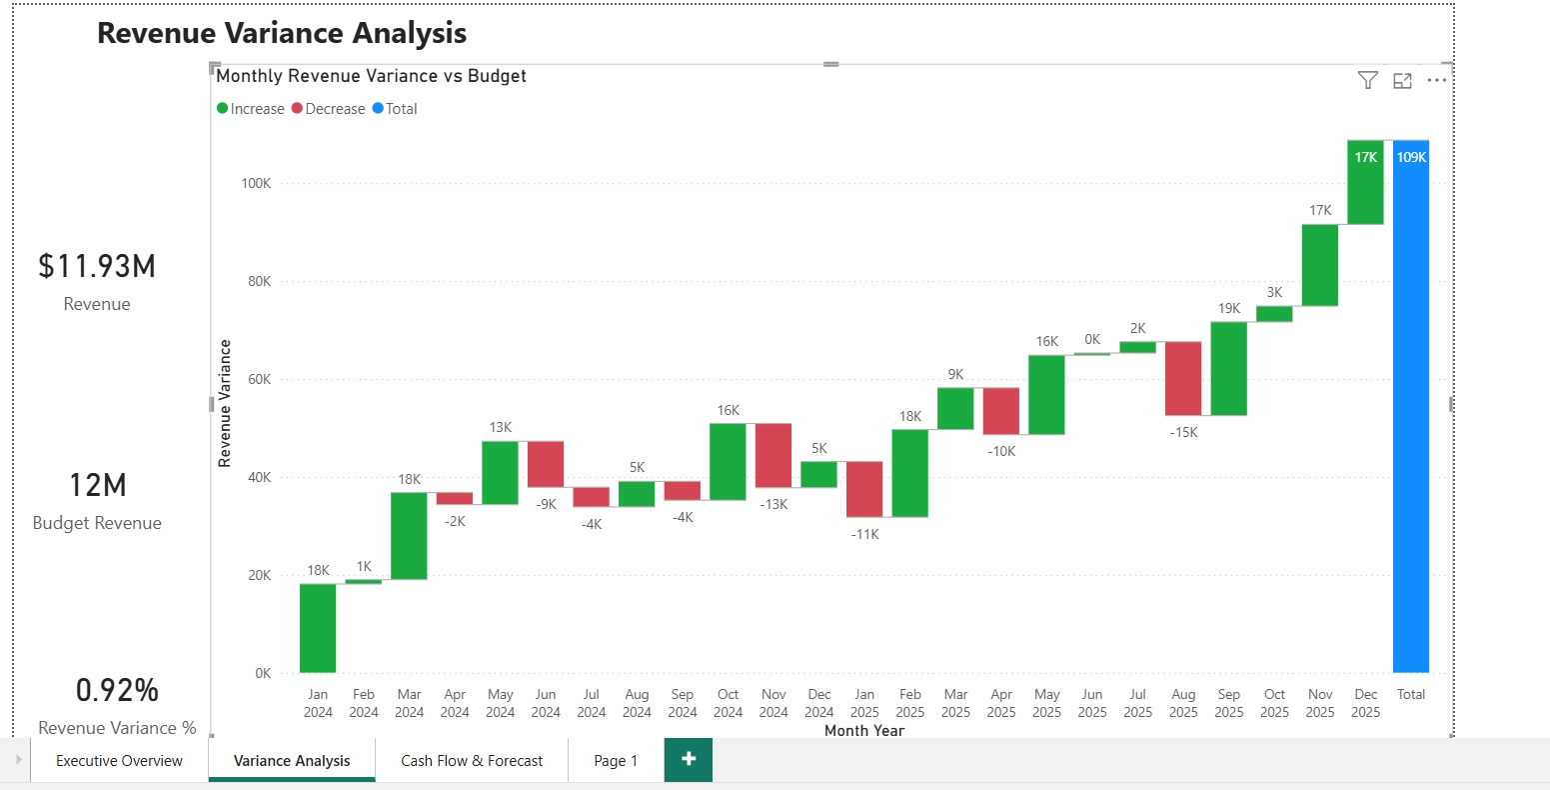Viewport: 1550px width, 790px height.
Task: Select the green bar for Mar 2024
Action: pos(409,535)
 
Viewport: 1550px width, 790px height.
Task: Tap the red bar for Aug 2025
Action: pos(1183,378)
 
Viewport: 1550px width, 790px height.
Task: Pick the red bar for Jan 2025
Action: pos(864,489)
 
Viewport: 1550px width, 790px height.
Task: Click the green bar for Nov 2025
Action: pos(1320,265)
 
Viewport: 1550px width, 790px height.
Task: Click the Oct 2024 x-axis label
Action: pos(728,703)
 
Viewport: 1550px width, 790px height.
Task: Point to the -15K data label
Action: pos(1183,432)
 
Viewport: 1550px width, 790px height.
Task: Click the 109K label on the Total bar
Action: pos(1411,157)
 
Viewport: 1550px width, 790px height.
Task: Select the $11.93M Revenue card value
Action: pos(97,266)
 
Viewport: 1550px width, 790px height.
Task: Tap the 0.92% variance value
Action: pos(117,690)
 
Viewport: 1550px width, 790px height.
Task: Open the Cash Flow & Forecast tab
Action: pos(472,761)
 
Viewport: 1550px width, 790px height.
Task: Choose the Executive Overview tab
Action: pos(119,761)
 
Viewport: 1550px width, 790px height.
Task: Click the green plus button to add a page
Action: pos(689,760)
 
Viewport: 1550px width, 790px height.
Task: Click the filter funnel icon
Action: pos(1368,81)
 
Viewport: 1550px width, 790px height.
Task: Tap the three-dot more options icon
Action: pos(1437,81)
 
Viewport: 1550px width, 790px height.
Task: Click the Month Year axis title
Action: pos(864,731)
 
